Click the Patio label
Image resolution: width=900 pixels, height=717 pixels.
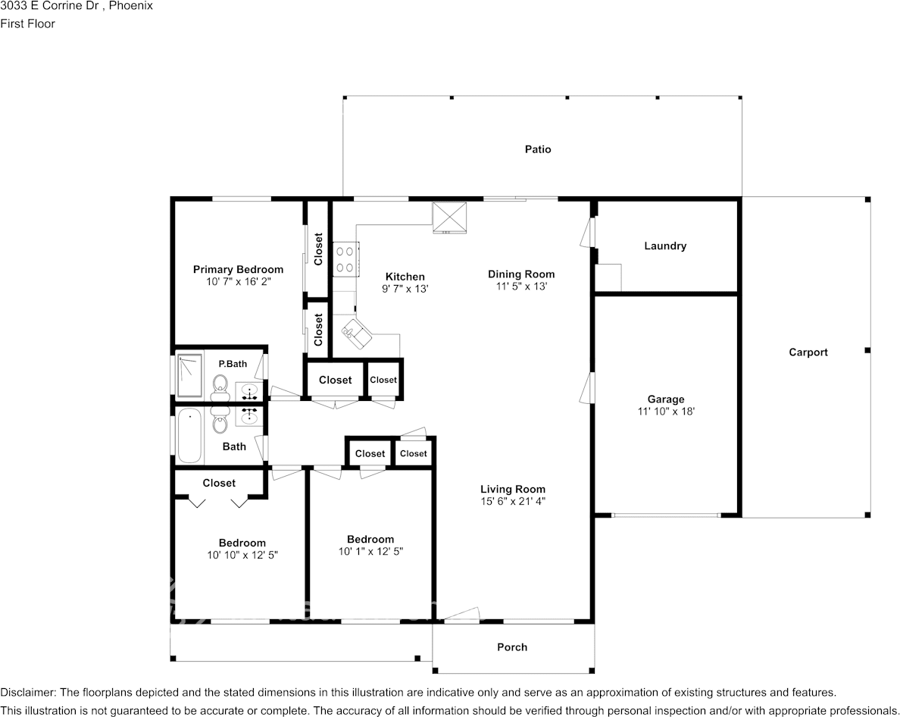tap(538, 149)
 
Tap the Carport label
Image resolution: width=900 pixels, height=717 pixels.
tap(808, 352)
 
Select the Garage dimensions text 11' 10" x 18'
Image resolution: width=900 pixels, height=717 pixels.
tap(665, 412)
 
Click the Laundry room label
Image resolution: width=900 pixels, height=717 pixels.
tap(664, 246)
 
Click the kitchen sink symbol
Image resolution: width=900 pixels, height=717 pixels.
tap(356, 332)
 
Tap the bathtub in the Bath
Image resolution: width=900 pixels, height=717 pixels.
tap(189, 436)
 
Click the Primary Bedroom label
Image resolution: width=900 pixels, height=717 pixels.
tap(238, 270)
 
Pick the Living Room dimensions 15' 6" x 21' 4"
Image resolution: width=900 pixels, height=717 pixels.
tap(512, 502)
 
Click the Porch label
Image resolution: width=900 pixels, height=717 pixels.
tap(512, 647)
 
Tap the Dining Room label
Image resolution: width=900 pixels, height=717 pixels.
tap(520, 274)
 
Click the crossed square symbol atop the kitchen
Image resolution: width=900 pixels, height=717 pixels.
tap(450, 218)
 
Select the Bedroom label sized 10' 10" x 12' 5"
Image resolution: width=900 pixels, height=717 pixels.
tap(242, 543)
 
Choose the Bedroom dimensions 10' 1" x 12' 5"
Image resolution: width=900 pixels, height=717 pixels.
tap(370, 552)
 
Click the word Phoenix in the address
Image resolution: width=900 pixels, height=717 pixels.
tap(133, 6)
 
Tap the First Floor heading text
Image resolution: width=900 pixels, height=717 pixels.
tap(27, 23)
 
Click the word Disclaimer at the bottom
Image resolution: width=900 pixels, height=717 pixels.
tap(27, 693)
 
